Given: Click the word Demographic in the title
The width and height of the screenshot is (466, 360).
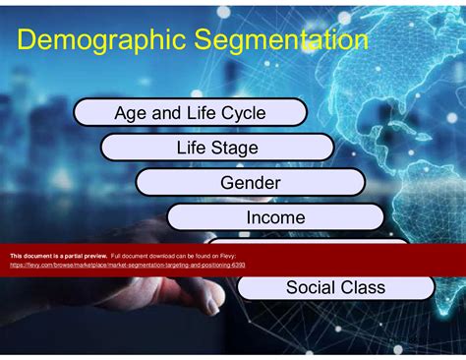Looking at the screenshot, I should pos(93,41).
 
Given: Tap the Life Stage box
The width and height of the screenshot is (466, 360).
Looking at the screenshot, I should pos(218,148).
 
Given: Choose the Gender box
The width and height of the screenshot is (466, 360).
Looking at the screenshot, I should pos(251,183).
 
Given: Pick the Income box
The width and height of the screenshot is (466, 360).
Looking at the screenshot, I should pos(275,217).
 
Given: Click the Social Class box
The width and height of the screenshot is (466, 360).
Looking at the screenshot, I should pos(335,287).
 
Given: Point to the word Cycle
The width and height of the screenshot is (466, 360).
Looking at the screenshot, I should pos(243,113).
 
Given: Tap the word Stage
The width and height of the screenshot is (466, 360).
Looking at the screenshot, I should pos(236,148).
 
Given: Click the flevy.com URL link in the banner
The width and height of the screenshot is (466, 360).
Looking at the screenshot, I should pos(128,265).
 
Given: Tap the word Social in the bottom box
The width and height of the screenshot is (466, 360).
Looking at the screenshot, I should pos(309,287).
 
